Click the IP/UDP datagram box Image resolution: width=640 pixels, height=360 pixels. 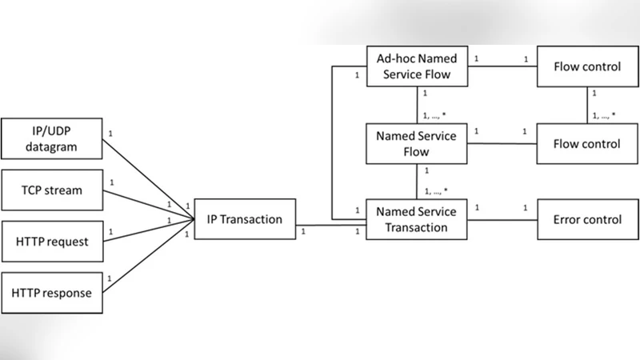pyautogui.click(x=51, y=138)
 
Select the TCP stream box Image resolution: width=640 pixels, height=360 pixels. pyautogui.click(x=51, y=190)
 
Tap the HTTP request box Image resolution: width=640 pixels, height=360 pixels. pyautogui.click(x=51, y=241)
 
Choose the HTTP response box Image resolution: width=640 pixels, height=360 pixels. pyautogui.click(x=51, y=292)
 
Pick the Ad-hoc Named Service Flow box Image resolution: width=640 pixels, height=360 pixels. pyautogui.click(x=416, y=66)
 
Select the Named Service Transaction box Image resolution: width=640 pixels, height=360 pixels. pyautogui.click(x=416, y=219)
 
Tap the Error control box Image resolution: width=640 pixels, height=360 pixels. pyautogui.click(x=587, y=219)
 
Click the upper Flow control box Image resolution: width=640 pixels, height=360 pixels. pyautogui.click(x=587, y=66)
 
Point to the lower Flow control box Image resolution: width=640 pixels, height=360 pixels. pyautogui.click(x=587, y=144)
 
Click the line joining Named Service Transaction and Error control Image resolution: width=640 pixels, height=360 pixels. pyautogui.click(x=501, y=219)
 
